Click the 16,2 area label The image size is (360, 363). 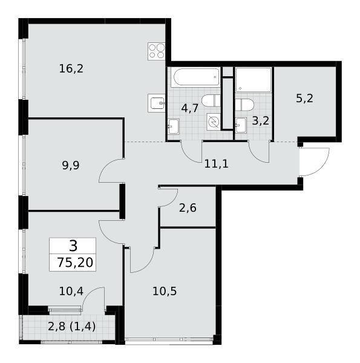[71, 69]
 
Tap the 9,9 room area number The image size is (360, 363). [71, 166]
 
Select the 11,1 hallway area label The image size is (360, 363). [216, 164]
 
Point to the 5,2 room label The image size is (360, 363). [305, 99]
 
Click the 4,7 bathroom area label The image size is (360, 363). [190, 108]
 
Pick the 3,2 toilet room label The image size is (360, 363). [261, 121]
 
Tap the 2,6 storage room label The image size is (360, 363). [188, 208]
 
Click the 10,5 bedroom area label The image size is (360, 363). [165, 291]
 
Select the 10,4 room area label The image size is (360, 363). [71, 291]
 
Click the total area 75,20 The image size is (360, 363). [75, 263]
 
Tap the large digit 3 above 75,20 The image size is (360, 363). [73, 246]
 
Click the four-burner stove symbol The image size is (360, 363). [157, 51]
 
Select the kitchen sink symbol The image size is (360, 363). [157, 103]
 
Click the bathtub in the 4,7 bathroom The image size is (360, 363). [195, 77]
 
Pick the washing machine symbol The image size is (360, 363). [214, 122]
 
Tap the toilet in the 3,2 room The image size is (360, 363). [244, 105]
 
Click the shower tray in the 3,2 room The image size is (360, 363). [254, 80]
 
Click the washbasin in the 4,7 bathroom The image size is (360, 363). [174, 126]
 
